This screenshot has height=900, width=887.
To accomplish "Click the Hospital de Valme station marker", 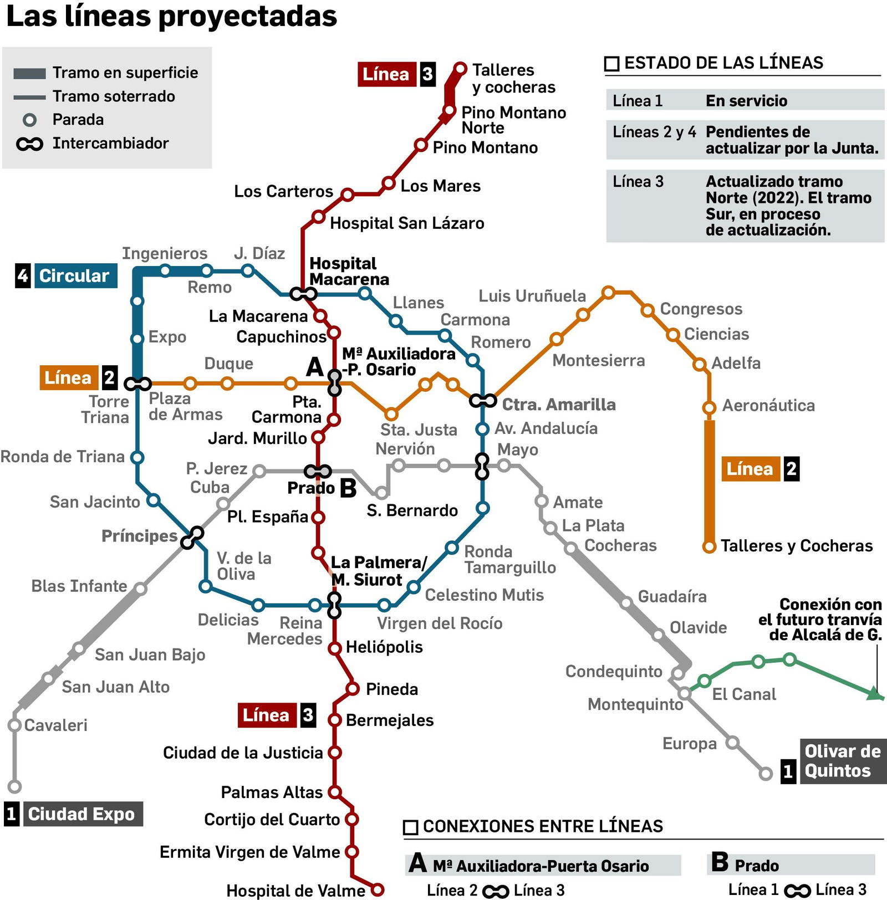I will point(377,889).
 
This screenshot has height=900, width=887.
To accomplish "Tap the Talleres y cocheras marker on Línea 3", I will point(460,69).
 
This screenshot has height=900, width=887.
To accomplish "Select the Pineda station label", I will point(392,689).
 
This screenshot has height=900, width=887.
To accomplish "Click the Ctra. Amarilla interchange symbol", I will point(483,401).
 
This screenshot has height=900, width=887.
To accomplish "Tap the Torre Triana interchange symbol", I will point(137,383).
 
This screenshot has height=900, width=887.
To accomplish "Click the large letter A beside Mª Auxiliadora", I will point(315,366).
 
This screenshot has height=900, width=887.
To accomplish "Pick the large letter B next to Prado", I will point(348,488).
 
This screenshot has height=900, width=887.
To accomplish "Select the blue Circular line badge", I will point(75,275).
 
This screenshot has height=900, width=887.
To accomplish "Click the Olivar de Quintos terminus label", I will point(842,761).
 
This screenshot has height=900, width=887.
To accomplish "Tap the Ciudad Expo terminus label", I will point(81,814).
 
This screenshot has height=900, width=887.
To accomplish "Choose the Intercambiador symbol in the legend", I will point(29,144).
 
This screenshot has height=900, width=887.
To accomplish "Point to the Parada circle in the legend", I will point(29,120).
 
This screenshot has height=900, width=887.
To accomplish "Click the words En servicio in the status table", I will point(746,101).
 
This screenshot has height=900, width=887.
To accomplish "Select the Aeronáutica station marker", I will point(709,408).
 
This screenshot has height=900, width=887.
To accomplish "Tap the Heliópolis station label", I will point(384,647).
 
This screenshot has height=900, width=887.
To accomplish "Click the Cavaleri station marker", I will point(15,725).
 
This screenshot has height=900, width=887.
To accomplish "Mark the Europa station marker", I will point(732,742).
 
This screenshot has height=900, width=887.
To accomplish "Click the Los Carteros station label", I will point(283,191).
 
